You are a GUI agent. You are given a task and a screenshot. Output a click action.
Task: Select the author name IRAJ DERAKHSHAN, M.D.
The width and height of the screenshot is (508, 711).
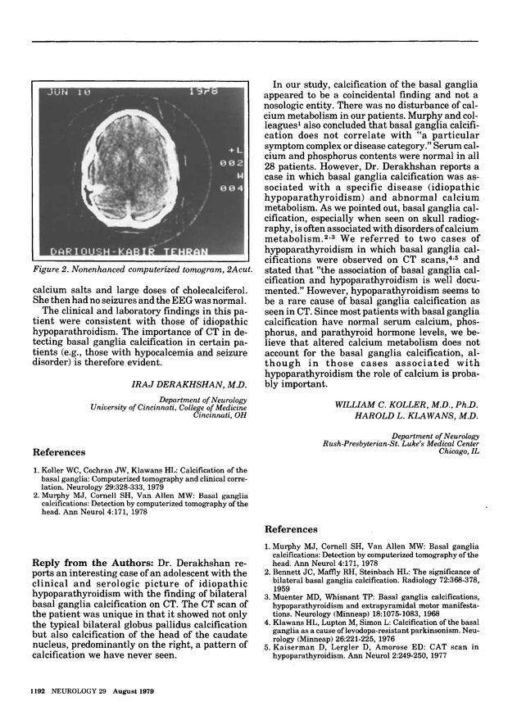[x=194, y=382]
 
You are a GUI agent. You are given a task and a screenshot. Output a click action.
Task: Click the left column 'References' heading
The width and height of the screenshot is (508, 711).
[x=58, y=451]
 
